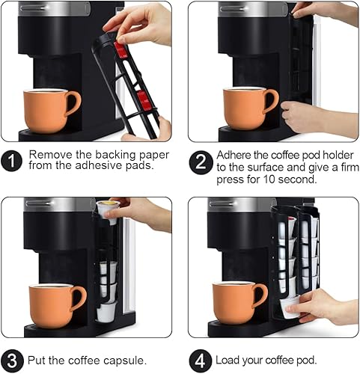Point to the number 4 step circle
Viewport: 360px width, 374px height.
199,359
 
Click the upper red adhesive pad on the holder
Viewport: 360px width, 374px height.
120,50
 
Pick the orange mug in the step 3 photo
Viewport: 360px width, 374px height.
55,305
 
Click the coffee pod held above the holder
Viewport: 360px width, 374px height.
106,209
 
